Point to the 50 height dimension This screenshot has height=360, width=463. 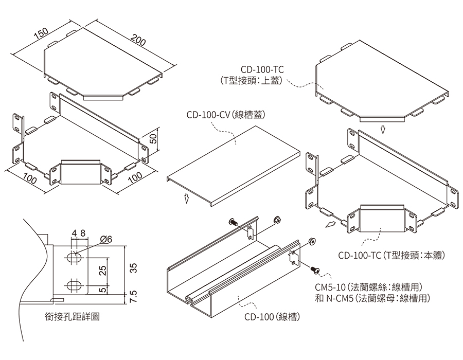point(152,139)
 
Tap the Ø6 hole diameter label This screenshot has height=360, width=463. point(107,239)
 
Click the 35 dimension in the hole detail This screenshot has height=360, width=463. point(133,267)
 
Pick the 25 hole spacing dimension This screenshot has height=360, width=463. point(103,270)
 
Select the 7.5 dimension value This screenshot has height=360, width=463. point(133,296)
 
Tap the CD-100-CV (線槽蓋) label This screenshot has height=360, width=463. point(226,114)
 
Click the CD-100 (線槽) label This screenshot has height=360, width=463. point(272,317)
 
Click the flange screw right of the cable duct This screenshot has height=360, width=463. point(315,268)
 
